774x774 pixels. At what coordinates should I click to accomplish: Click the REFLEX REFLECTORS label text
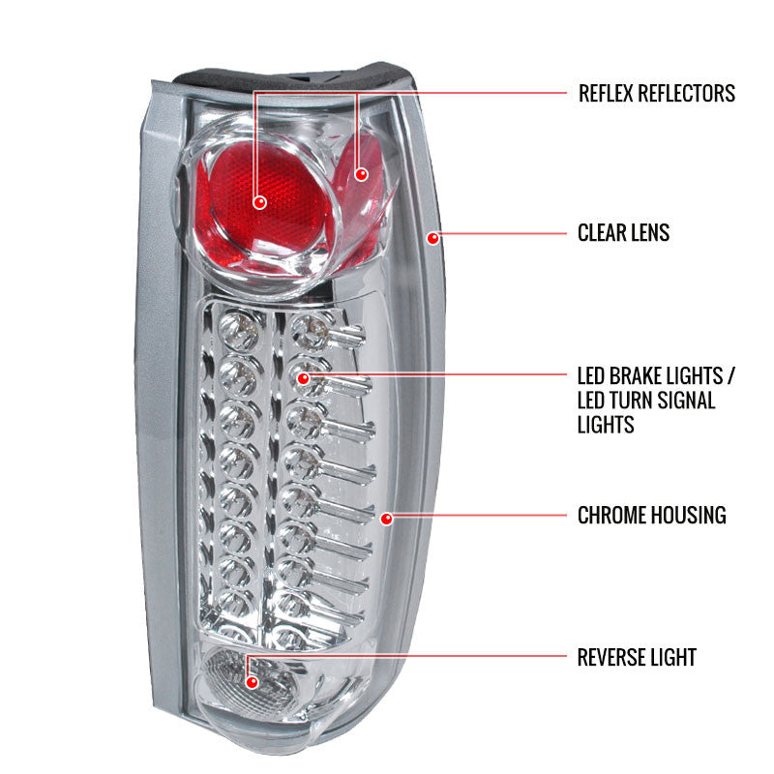(x=656, y=93)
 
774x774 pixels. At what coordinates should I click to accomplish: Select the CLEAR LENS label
(x=623, y=233)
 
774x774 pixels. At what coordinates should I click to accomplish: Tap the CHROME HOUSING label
(x=651, y=516)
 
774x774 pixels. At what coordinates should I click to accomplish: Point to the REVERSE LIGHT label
(x=637, y=658)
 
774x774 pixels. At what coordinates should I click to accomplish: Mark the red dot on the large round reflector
(x=259, y=202)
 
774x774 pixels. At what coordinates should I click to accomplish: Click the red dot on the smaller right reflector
(x=362, y=174)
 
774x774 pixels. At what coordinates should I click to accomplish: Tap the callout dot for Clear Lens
(x=433, y=236)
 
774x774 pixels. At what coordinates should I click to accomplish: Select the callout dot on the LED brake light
(x=303, y=378)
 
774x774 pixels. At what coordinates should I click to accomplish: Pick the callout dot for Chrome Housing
(x=386, y=519)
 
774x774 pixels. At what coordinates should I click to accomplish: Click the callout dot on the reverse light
(x=253, y=682)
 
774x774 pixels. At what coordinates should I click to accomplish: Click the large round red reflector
(x=252, y=208)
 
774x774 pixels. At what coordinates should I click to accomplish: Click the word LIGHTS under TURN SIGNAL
(x=606, y=424)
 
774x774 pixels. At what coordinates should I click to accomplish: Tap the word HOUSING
(x=689, y=516)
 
